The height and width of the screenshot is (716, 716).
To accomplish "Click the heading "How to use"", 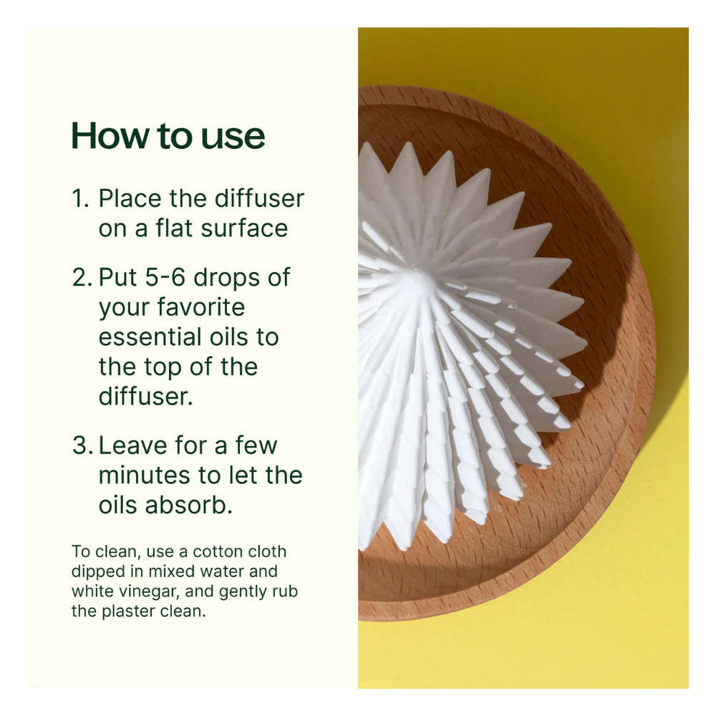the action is tap(168, 135).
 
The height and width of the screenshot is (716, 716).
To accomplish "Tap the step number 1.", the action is tap(80, 199).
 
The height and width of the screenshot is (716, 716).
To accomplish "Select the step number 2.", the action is tap(82, 277).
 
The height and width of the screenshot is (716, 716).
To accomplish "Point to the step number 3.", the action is tap(82, 445).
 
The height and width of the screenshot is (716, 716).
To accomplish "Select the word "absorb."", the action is tap(188, 505).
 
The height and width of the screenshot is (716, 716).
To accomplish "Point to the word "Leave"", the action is tap(133, 445).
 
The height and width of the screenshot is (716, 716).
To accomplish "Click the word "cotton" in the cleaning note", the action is tap(215, 551).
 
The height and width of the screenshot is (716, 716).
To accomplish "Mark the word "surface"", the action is tap(244, 228).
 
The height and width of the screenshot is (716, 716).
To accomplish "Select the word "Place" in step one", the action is tap(130, 199).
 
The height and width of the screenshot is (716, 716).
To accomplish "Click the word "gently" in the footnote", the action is tap(243, 592).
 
